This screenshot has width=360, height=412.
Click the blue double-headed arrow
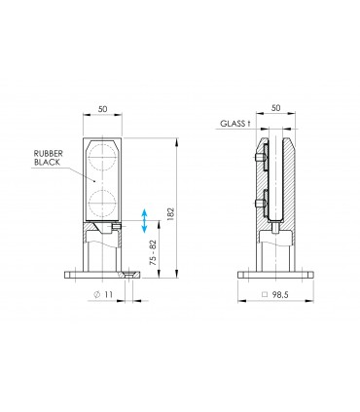pos(144,221)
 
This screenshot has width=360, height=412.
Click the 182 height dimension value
pos(170,214)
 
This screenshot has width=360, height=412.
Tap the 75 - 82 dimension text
pos(153,252)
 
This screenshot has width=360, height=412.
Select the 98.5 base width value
pos(280,294)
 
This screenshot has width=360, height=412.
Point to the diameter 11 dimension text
pos(103,294)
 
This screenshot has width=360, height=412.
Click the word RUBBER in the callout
pos(49,154)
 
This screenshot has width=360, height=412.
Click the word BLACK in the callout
pos(47,162)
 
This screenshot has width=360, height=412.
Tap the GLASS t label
pos(235,124)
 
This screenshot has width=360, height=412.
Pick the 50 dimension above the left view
pos(102,109)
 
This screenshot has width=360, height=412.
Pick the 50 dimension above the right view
pos(275,108)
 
